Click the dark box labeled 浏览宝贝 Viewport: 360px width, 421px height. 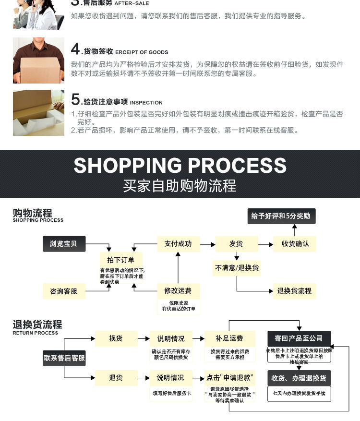coord(63,244)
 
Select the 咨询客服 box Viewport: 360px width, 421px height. coord(63,291)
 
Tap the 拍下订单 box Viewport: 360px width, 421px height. coord(120,260)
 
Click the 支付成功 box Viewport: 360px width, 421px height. coord(178,244)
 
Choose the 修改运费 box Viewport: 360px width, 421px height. coord(178,291)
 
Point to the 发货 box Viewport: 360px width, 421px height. coord(236,244)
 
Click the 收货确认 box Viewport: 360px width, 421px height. coord(295,244)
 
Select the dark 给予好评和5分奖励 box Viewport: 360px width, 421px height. coord(281,216)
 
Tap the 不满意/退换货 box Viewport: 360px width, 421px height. coord(237,267)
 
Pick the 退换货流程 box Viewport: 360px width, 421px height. coord(294,291)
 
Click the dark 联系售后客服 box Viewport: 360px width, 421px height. coord(64,358)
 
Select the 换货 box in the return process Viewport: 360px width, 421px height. coord(116,338)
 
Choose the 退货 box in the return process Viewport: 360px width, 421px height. coord(116,378)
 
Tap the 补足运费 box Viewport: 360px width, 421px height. coord(229,338)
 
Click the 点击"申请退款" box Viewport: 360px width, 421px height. coord(229,378)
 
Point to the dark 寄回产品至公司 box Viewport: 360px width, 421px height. coord(299,338)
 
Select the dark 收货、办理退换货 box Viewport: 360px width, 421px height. coord(299,378)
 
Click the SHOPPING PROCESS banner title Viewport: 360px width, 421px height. coord(180,166)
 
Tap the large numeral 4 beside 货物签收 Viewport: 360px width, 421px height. coord(75,49)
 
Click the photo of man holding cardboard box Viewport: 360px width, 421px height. coord(38,60)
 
